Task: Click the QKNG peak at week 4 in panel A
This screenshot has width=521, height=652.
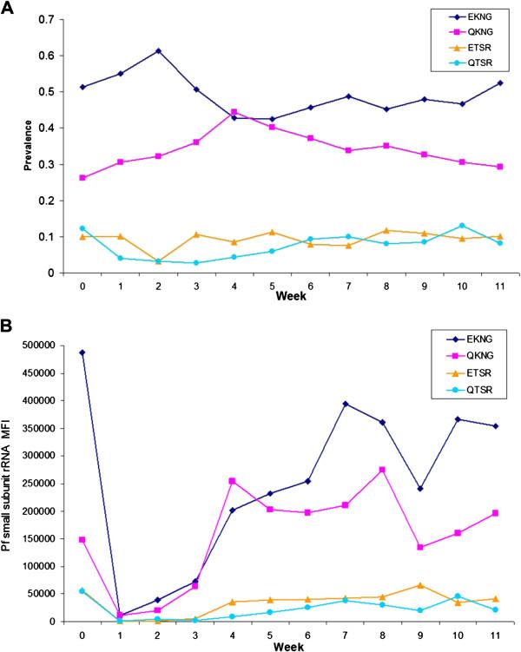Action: point(234,112)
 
